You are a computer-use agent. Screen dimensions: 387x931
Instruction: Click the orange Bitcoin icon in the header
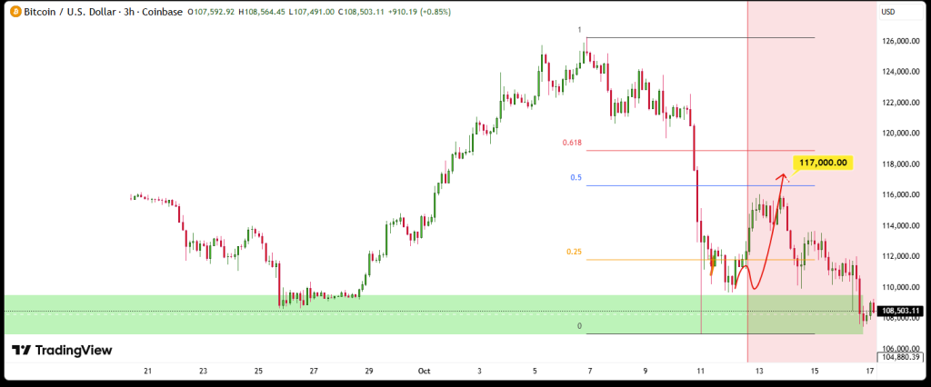pyautogui.click(x=14, y=12)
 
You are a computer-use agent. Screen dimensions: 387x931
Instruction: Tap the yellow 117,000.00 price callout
pyautogui.click(x=823, y=163)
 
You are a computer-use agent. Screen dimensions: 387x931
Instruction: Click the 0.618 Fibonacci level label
pyautogui.click(x=572, y=143)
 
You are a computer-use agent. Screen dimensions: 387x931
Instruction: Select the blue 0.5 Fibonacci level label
pyautogui.click(x=576, y=177)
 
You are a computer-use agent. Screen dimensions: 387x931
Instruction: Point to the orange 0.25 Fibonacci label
pyautogui.click(x=574, y=252)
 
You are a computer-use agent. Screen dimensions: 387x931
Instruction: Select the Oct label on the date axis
pyautogui.click(x=424, y=371)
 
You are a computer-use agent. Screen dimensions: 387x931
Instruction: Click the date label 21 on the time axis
pyautogui.click(x=147, y=371)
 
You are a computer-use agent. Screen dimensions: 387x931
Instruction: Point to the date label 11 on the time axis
pyautogui.click(x=701, y=371)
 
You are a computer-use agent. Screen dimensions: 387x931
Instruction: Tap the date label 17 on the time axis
pyautogui.click(x=870, y=371)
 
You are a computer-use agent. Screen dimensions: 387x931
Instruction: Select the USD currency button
pyautogui.click(x=888, y=12)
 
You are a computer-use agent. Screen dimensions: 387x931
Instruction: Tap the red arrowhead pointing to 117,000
pyautogui.click(x=783, y=177)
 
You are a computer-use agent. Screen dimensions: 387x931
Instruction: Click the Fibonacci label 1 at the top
pyautogui.click(x=580, y=30)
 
